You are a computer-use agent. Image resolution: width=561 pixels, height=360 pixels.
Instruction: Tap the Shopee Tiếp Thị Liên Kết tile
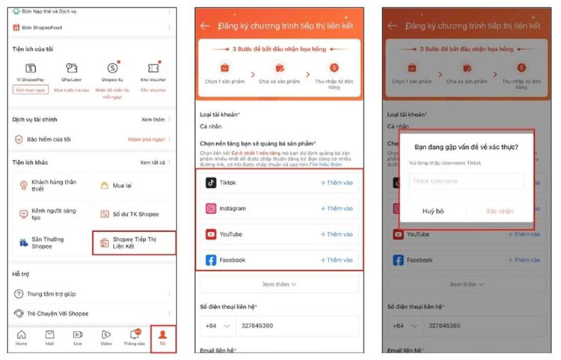134,242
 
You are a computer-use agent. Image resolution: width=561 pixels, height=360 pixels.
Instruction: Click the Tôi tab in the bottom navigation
162,338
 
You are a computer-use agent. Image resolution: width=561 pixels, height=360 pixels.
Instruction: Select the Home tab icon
22,338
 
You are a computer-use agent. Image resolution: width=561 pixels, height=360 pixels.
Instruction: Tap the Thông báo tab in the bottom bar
134,338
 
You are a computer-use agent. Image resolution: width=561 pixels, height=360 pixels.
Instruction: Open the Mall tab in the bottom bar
49,338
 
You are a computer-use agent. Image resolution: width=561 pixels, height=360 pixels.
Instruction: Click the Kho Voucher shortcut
153,73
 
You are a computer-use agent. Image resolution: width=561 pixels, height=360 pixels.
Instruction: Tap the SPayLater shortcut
71,73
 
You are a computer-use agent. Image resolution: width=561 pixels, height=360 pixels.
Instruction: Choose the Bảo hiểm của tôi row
49,139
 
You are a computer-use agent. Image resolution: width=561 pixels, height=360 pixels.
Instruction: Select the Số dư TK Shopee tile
134,214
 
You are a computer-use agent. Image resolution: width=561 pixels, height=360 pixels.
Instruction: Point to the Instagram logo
211,209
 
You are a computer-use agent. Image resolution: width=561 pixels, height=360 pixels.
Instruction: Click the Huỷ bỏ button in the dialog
433,211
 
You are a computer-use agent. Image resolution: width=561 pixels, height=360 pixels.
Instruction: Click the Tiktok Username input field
466,181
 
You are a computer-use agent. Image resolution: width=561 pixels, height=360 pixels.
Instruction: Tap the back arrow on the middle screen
205,25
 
